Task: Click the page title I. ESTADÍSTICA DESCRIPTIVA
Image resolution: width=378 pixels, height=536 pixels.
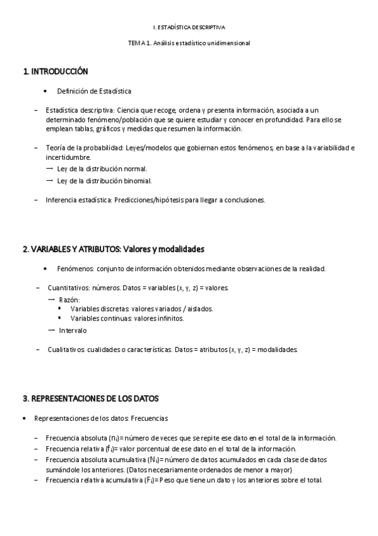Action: click(189, 28)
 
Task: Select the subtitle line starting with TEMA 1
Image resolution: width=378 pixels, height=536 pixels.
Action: click(189, 43)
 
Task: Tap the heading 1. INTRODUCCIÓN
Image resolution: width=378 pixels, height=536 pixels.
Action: click(56, 71)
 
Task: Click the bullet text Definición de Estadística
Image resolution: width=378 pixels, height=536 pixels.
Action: click(94, 91)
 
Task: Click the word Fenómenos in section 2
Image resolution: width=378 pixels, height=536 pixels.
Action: click(75, 269)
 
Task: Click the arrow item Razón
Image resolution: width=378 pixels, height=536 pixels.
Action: click(69, 299)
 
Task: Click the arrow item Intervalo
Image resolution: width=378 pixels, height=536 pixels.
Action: click(73, 331)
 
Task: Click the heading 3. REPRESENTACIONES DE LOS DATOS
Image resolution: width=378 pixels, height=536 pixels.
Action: click(91, 399)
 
